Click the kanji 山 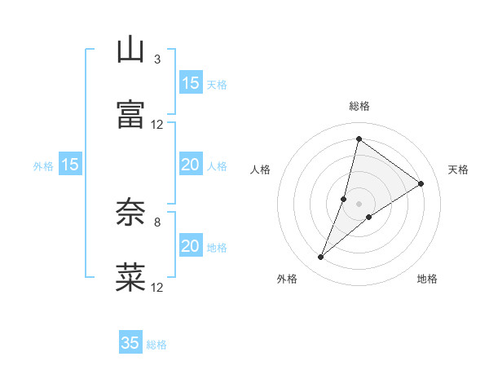[x=130, y=50]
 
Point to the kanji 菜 [x=130, y=277]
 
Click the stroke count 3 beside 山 [x=157, y=59]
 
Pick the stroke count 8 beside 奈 [x=157, y=221]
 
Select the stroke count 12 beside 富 [x=157, y=125]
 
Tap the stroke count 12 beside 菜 [x=157, y=287]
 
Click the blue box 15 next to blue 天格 [x=191, y=83]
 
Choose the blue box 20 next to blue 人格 [x=191, y=165]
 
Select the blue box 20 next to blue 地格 [x=191, y=246]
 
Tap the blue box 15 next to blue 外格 [x=70, y=165]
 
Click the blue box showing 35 [x=130, y=343]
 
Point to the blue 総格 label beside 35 [x=156, y=345]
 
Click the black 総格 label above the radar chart [x=359, y=106]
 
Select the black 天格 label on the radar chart [x=458, y=169]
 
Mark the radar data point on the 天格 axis [x=421, y=183]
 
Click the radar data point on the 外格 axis [x=320, y=258]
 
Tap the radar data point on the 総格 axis [x=359, y=139]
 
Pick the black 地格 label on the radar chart [x=427, y=280]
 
